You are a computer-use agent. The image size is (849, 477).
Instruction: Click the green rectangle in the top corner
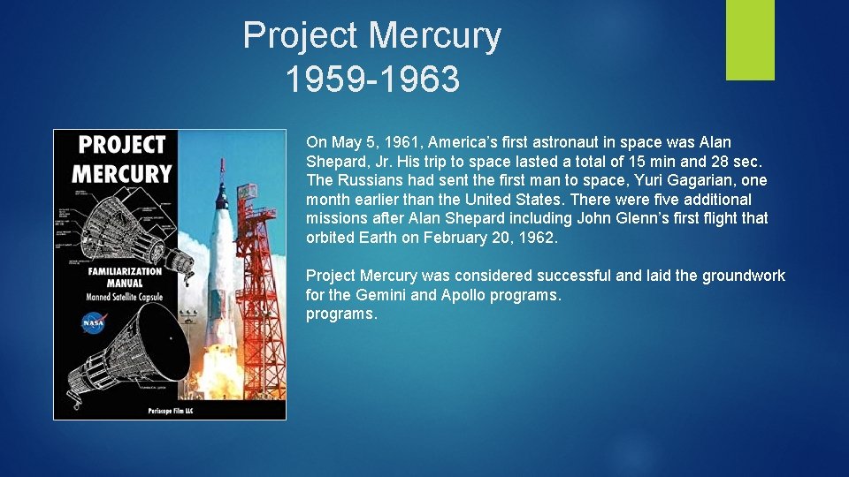point(750,40)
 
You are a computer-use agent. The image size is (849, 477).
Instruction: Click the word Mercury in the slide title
point(434,36)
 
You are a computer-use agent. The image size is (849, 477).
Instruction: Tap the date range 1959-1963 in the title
point(372,79)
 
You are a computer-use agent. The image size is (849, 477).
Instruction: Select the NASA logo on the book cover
point(93,323)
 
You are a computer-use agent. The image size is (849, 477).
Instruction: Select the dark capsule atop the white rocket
point(221,190)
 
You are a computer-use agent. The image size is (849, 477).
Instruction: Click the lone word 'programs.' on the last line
point(341,314)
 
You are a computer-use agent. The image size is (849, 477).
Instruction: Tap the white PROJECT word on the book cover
point(122,146)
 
